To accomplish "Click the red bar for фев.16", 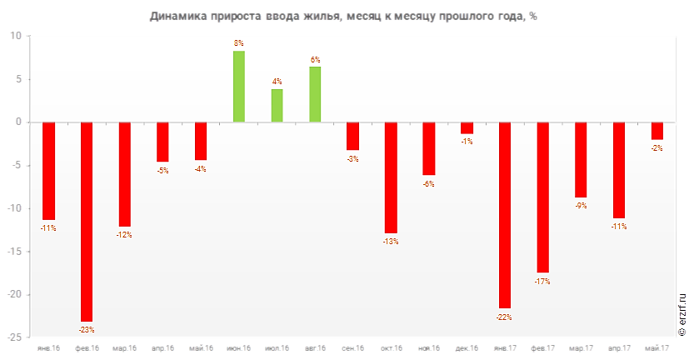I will (x=87, y=222).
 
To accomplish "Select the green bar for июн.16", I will (x=238, y=87).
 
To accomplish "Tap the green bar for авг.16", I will (x=315, y=94).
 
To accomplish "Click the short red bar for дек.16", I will (x=467, y=128).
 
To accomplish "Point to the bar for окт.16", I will (x=391, y=177).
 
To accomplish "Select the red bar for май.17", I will (x=657, y=131).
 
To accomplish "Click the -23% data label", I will (x=87, y=327).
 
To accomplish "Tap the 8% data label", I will (x=238, y=43).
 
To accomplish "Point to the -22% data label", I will (x=504, y=317).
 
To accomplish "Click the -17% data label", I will (x=542, y=282).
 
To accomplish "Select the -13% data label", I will (x=391, y=242).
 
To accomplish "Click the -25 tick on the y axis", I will (x=15, y=337).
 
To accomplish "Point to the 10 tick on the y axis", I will (x=17, y=37).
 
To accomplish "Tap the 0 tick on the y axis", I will (x=19, y=122).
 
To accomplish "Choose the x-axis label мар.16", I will (x=125, y=347).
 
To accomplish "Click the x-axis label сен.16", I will (x=352, y=347).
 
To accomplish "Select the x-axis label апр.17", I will (x=618, y=347).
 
